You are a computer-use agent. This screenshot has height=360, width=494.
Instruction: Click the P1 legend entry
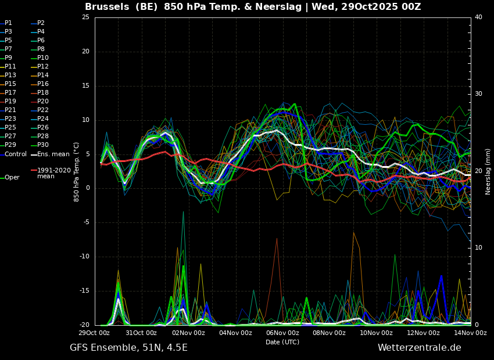click(6, 23)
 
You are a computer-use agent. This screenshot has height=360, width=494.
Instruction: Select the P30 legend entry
click(40, 145)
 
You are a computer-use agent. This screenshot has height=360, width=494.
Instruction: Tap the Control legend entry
click(13, 154)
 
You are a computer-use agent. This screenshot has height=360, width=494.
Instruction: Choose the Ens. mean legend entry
click(50, 154)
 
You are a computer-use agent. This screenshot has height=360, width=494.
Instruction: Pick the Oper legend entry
click(10, 178)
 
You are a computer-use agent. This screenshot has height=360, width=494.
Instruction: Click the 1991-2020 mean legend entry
click(51, 173)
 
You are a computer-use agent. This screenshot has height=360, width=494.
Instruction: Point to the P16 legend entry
click(40, 84)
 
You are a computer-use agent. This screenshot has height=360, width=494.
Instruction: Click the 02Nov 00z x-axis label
click(189, 333)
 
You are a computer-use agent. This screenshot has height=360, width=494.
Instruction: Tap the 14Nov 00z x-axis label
click(470, 333)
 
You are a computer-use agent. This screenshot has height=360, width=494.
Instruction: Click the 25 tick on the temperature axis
click(85, 17)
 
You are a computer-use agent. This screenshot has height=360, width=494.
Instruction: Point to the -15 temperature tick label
click(84, 291)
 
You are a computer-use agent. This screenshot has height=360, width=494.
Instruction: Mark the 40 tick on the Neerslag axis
click(478, 17)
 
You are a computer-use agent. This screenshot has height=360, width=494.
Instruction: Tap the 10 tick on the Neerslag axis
click(478, 248)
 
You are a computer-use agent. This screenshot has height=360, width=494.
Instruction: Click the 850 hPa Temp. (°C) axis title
click(76, 172)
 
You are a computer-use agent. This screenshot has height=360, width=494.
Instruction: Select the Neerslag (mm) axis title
click(488, 172)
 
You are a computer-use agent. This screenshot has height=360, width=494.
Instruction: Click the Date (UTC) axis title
click(282, 342)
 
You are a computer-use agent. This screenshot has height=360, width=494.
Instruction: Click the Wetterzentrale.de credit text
click(420, 348)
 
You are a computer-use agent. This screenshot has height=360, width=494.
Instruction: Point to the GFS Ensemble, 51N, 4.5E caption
click(128, 348)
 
